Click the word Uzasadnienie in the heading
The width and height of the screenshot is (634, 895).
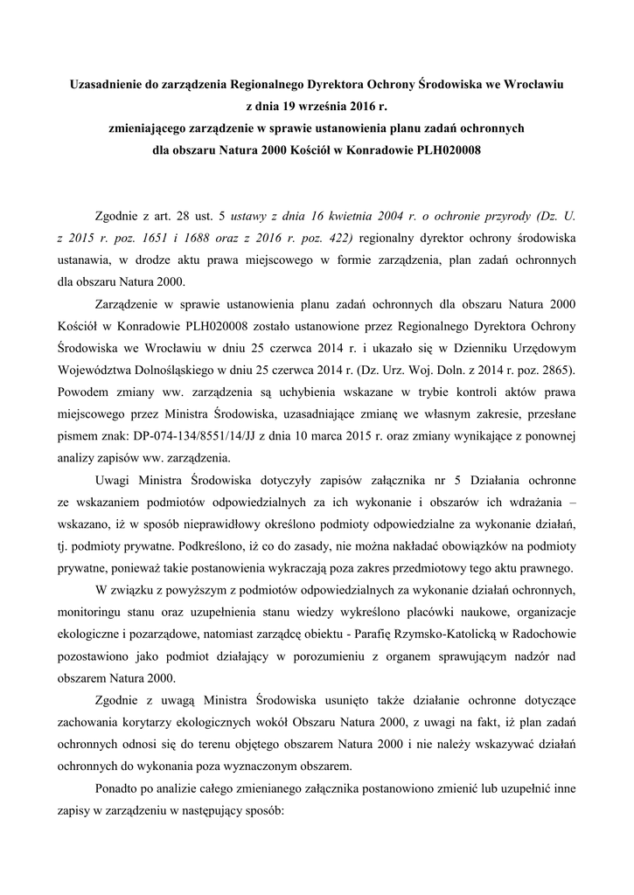[x=108, y=86]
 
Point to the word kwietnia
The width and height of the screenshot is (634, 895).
[x=349, y=214]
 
